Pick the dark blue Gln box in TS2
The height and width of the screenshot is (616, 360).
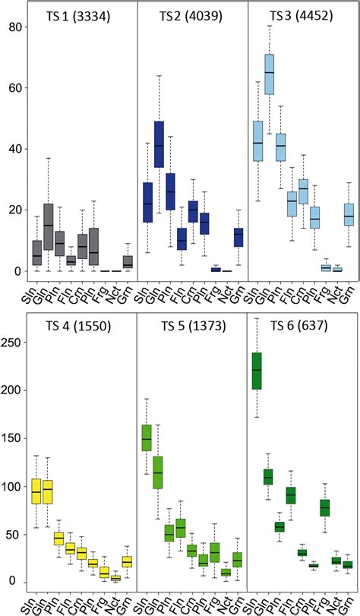[x=159, y=144]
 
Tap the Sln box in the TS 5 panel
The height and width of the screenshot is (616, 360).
[x=147, y=439]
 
